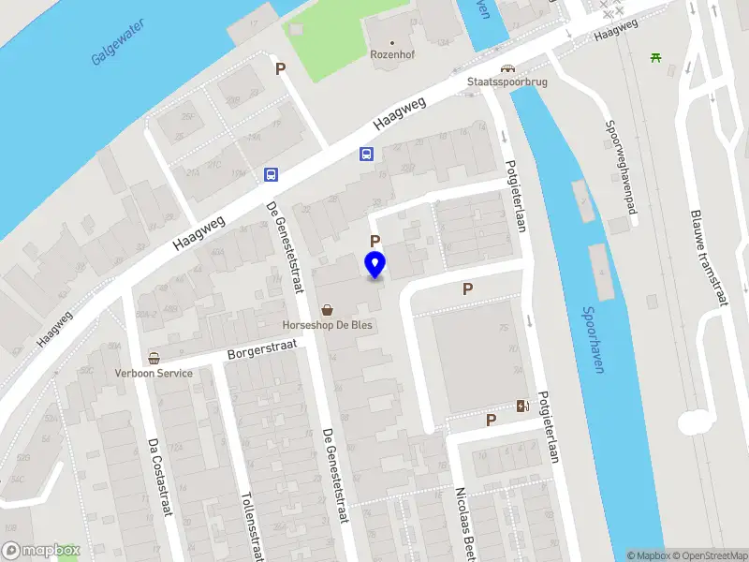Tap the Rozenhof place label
pyautogui.click(x=393, y=53)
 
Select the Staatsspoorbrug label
pyautogui.click(x=507, y=82)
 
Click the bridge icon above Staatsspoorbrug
pyautogui.click(x=507, y=68)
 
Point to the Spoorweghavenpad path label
pyautogui.click(x=621, y=167)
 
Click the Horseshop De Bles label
pyautogui.click(x=327, y=326)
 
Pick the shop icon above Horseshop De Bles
pyautogui.click(x=328, y=310)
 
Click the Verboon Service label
pyautogui.click(x=154, y=373)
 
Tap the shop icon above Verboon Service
pyautogui.click(x=154, y=358)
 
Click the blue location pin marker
pyautogui.click(x=374, y=265)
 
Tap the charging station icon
pyautogui.click(x=522, y=406)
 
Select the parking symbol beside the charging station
pyautogui.click(x=491, y=421)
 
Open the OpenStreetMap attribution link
pyautogui.click(x=707, y=555)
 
